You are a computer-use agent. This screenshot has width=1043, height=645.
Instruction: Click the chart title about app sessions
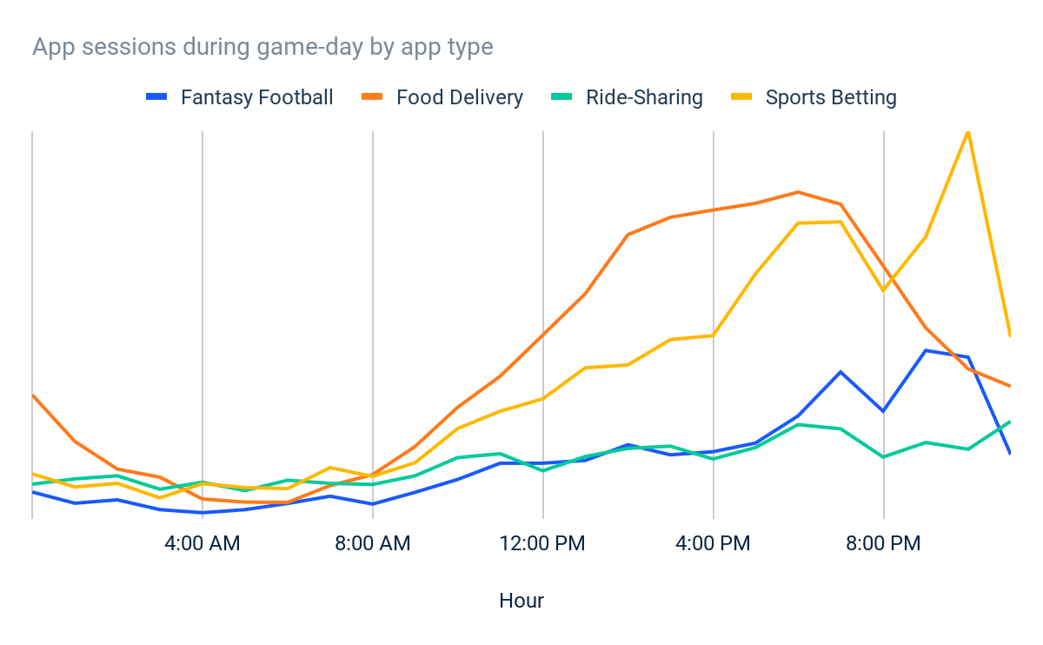(262, 46)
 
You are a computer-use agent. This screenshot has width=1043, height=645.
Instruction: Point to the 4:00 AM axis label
(203, 544)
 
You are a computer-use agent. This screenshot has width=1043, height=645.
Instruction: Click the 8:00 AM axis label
(373, 544)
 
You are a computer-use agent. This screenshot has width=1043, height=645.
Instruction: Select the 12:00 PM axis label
(543, 544)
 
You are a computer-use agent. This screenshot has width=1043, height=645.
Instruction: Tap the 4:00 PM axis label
(714, 544)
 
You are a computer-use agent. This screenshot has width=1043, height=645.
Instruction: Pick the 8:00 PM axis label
(884, 544)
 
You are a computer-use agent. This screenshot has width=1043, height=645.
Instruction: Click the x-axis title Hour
(521, 601)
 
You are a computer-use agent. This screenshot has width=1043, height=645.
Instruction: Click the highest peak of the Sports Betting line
(968, 131)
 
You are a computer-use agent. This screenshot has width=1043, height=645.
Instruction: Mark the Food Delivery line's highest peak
(798, 192)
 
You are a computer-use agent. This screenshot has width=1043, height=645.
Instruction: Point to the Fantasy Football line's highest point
(927, 350)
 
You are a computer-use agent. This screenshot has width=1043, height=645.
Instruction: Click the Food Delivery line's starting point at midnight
(33, 396)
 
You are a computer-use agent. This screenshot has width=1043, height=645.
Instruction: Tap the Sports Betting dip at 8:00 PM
(884, 290)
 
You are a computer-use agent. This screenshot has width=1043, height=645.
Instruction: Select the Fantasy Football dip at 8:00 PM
(884, 411)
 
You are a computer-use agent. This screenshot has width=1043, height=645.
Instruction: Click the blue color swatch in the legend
(157, 97)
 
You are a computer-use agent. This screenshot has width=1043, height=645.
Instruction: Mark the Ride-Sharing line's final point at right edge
(1010, 422)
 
